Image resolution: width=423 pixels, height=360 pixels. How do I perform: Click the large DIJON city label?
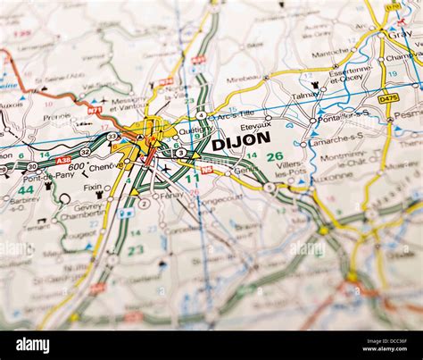click(241, 139)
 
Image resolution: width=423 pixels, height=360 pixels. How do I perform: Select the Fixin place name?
click(92, 188)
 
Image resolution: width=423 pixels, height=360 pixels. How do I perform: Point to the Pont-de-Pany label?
click(24, 175)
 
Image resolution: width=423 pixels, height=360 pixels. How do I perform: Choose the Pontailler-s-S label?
click(344, 114)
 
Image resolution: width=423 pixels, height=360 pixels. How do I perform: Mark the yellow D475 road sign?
click(388, 99)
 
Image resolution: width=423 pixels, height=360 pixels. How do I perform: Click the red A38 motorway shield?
click(62, 160)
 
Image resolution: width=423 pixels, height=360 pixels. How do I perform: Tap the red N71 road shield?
click(94, 111)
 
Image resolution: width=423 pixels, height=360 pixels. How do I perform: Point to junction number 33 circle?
click(112, 136)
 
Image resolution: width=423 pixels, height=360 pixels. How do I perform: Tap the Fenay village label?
click(171, 195)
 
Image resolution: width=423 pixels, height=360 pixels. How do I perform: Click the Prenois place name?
click(56, 117)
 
